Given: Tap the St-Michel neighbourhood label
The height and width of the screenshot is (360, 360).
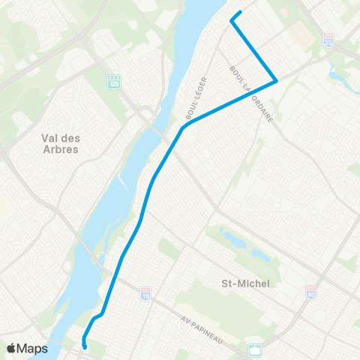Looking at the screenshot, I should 244,283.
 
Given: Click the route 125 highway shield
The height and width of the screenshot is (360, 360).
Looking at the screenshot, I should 113,80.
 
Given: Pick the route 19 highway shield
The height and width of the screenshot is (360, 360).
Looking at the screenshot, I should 145,295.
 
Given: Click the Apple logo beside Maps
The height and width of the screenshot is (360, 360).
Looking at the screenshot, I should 11,348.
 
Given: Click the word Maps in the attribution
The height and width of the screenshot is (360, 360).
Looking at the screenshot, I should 33,348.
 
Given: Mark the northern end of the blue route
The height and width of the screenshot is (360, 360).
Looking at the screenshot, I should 240,12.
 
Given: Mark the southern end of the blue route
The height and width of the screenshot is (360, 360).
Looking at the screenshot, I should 85,346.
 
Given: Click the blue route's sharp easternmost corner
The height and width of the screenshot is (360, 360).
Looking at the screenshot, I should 277,80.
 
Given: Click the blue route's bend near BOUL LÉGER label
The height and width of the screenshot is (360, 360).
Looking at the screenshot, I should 182,128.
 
